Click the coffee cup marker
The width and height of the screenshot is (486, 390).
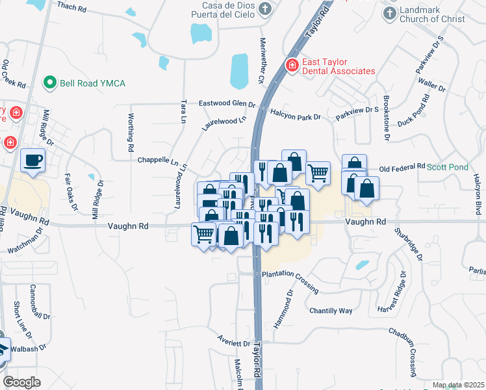[x=32, y=160]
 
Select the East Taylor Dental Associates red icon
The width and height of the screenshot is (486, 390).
[x=292, y=66]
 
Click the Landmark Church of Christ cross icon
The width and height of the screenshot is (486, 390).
[x=390, y=13]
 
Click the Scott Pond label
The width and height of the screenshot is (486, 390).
[x=447, y=167]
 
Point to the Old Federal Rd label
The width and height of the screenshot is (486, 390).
[x=402, y=167]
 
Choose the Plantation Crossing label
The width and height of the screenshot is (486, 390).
[x=290, y=279]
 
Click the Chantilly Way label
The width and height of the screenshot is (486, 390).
[x=331, y=311]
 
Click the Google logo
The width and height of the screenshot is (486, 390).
[x=22, y=382]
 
